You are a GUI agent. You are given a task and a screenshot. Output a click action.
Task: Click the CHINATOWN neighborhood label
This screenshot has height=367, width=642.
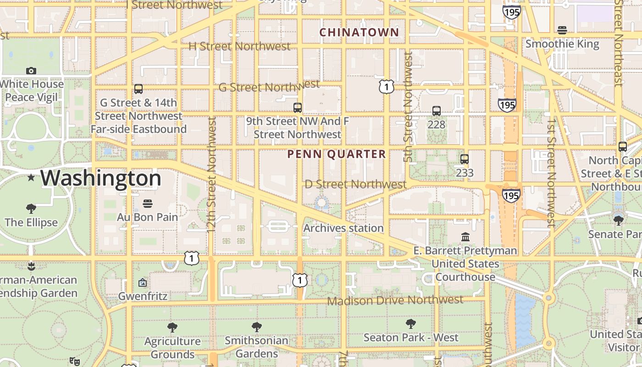(x=359, y=33)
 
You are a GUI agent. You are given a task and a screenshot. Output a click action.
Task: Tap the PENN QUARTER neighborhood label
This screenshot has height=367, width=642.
(x=337, y=154)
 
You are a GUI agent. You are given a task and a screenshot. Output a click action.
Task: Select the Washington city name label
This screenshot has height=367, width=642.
(x=101, y=178)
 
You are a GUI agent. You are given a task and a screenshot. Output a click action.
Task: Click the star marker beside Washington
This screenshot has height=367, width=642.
(x=31, y=177)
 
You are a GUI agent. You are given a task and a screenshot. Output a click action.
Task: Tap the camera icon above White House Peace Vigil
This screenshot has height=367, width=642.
(x=31, y=71)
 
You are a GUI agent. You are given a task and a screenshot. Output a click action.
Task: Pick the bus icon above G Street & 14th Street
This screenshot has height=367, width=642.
(x=138, y=89)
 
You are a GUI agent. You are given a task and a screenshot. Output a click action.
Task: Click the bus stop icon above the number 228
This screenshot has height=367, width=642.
(x=436, y=111)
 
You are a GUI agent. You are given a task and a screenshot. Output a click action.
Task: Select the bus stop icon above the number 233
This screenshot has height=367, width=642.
(x=465, y=159)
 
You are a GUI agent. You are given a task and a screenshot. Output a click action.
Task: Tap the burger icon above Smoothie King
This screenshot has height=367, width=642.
(x=562, y=30)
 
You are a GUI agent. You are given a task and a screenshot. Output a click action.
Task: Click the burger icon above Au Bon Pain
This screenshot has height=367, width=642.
(x=147, y=203)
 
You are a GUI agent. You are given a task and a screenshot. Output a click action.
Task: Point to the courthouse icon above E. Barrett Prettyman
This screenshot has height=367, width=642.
(x=465, y=237)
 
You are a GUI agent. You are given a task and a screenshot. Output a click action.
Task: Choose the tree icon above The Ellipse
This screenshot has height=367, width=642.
(x=31, y=209)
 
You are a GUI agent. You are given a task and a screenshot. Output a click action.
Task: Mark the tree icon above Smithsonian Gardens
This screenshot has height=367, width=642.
(x=257, y=327)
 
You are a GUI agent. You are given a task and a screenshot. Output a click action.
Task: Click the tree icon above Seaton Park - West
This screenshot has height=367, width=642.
(x=411, y=324)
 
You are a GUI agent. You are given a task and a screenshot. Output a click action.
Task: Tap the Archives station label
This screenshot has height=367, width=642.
(x=343, y=228)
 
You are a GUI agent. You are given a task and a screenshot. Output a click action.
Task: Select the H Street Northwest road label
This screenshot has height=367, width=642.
(x=240, y=46)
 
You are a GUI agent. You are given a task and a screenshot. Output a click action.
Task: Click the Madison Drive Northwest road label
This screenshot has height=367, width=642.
(x=395, y=300)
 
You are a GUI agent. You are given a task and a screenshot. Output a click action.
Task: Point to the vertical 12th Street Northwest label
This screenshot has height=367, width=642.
(x=211, y=174)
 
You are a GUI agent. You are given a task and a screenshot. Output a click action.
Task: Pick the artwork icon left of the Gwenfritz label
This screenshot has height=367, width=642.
(x=143, y=283)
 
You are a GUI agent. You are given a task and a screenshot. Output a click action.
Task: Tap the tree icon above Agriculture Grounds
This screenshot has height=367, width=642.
(x=172, y=328)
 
